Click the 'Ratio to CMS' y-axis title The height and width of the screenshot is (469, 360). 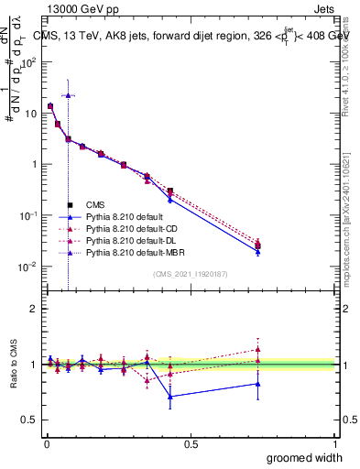tap(13, 365)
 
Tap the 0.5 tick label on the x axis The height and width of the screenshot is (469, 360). tap(191, 443)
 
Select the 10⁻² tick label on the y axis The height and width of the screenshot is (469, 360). tap(30, 267)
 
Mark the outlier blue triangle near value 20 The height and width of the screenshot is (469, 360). tap(68, 95)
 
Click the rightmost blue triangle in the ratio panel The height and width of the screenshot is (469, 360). tap(257, 384)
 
